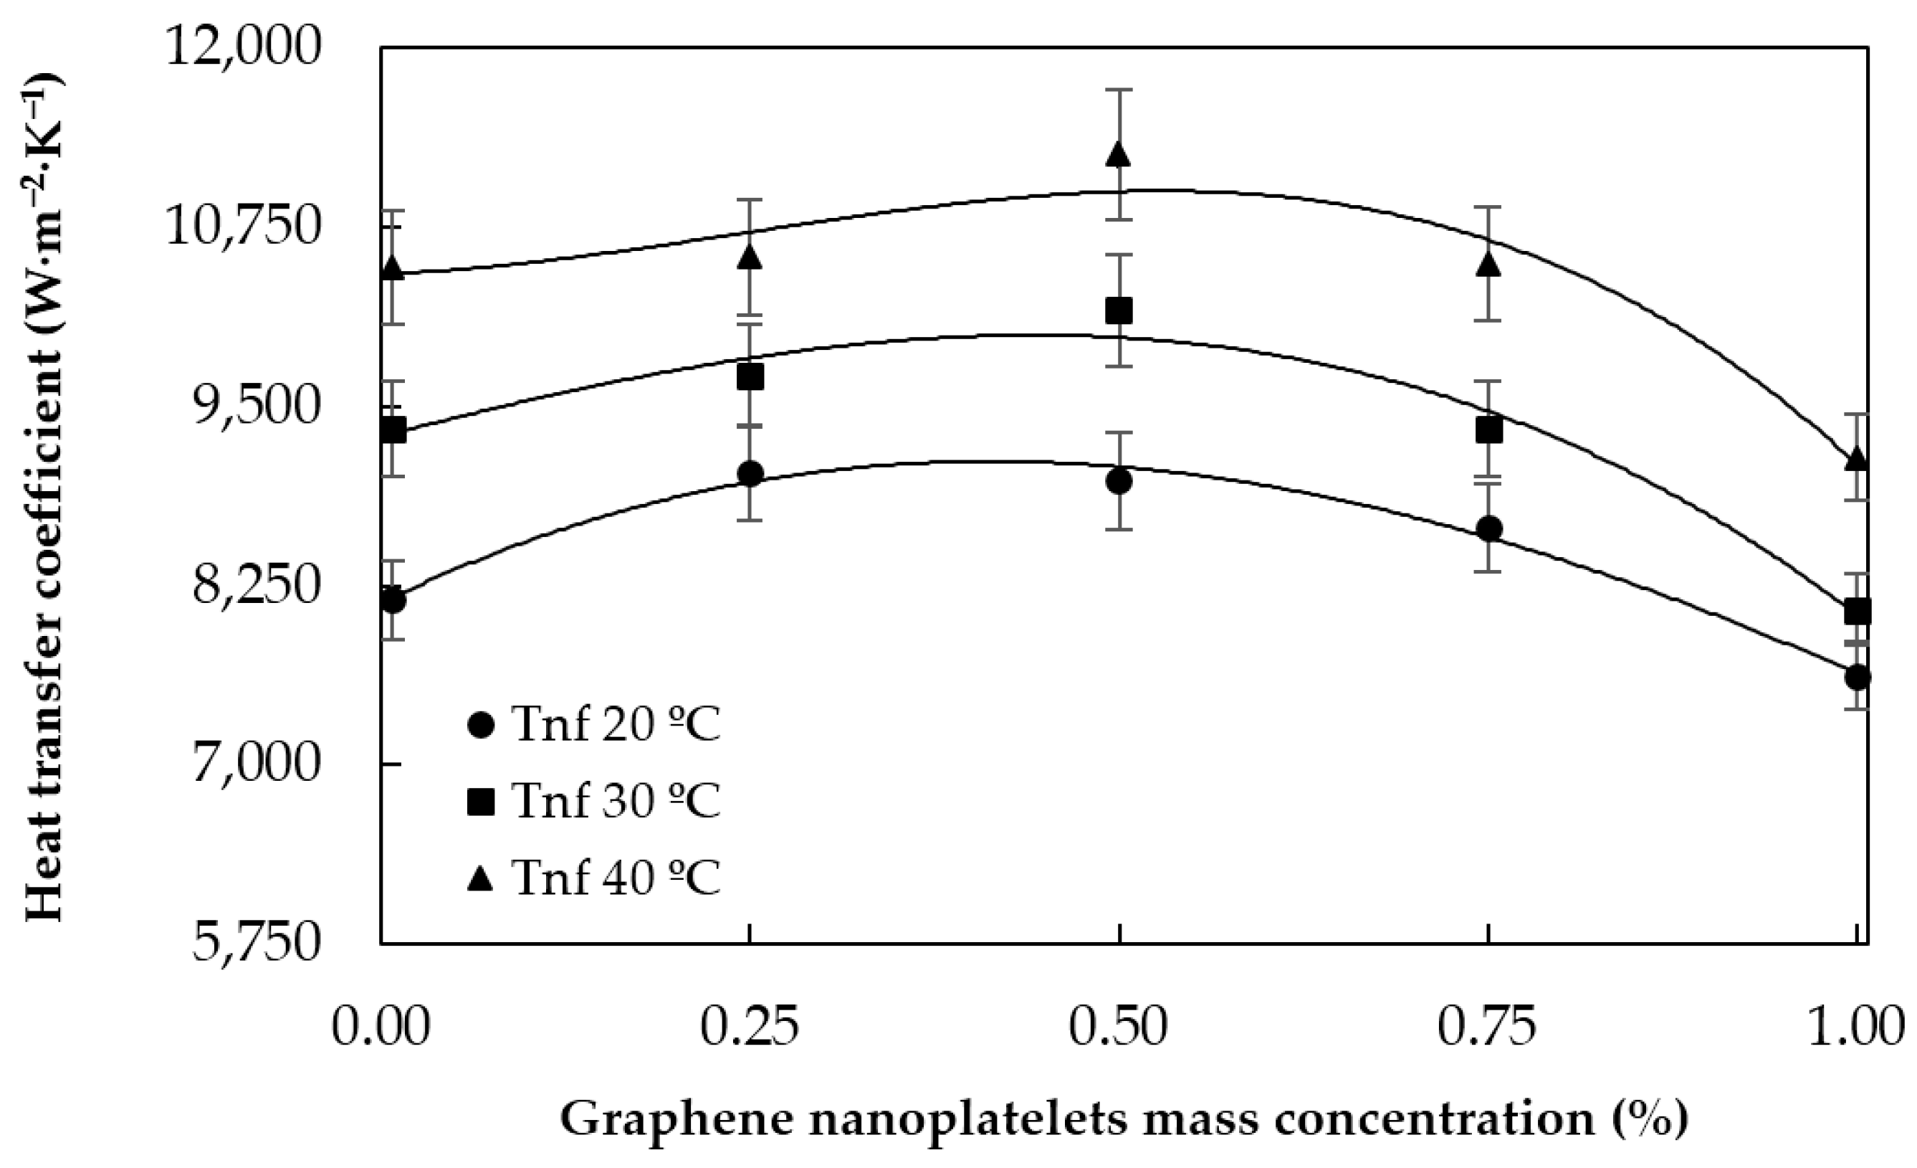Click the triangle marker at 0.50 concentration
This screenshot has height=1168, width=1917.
pyautogui.click(x=1119, y=155)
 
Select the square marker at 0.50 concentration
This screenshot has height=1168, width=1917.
pyautogui.click(x=1119, y=311)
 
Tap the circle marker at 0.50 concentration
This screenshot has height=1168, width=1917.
pyautogui.click(x=1119, y=481)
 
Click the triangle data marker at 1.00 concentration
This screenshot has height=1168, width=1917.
pyautogui.click(x=1857, y=459)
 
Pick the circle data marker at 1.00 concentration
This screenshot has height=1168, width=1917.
pyautogui.click(x=1857, y=676)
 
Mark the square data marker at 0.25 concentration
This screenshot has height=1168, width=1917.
pyautogui.click(x=749, y=377)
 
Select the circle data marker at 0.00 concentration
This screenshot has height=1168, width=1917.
pyautogui.click(x=393, y=600)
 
